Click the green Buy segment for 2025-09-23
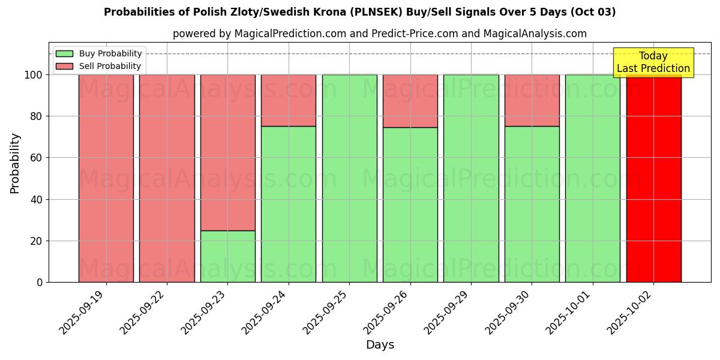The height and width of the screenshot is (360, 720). (227, 256)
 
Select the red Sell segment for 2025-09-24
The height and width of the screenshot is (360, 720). (289, 100)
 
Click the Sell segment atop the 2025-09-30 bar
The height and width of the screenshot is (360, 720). (532, 100)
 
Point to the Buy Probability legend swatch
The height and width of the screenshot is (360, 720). (64, 54)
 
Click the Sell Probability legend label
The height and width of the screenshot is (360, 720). (110, 66)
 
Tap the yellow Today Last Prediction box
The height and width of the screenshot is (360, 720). (653, 62)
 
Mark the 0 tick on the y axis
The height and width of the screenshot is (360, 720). (40, 282)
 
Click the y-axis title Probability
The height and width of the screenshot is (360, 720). (15, 163)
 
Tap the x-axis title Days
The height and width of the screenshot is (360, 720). (380, 345)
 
